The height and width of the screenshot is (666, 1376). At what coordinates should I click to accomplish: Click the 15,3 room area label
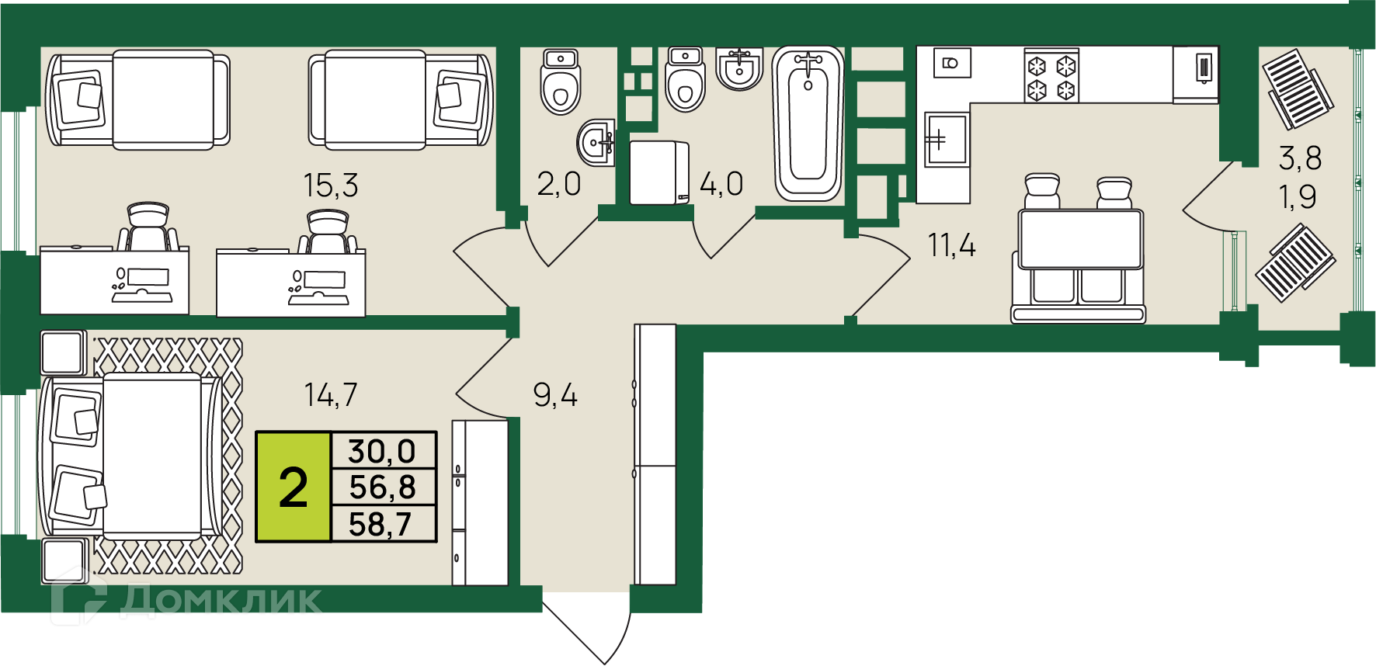331,186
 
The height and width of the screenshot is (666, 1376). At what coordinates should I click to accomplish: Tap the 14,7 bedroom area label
331,395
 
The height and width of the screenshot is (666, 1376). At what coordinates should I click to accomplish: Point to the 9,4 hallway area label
555,396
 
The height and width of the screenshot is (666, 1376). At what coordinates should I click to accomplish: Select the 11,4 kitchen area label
951,245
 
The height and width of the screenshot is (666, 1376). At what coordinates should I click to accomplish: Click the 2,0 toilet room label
559,184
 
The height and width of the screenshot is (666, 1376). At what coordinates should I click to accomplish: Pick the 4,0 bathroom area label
721,185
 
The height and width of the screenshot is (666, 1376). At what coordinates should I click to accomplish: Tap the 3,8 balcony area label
1300,158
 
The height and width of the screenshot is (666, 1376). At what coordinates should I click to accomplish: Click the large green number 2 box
294,487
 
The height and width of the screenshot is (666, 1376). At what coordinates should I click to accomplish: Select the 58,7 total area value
380,524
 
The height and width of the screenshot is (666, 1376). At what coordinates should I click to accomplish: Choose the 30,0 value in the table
382,451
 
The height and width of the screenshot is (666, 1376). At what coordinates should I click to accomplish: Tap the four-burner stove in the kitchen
1051,75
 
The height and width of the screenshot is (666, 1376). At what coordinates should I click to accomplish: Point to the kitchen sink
946,140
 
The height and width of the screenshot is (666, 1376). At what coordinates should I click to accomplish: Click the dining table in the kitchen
1081,239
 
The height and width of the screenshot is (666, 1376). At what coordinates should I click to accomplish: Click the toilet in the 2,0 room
561,82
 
